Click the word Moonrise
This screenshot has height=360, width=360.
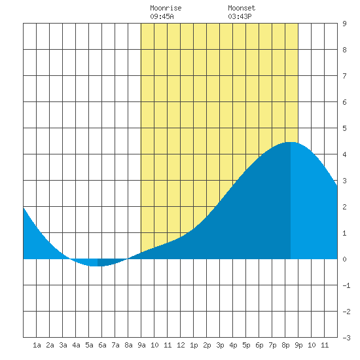point(166,8)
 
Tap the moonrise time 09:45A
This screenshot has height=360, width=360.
point(162,16)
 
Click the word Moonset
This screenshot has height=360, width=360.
point(242,8)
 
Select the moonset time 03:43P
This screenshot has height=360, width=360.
point(240,16)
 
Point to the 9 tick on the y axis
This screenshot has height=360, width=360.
point(344,24)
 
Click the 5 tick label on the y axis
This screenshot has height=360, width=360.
point(344,128)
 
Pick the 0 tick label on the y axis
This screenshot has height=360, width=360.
point(344,259)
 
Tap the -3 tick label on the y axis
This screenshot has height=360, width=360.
point(346,338)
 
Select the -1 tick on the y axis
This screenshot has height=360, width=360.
point(346,285)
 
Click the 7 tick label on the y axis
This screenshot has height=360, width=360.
point(344,76)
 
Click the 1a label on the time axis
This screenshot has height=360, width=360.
point(37,345)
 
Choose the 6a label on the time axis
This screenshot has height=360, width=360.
point(102,345)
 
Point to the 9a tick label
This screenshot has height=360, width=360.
point(141,345)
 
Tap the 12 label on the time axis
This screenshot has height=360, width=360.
point(181,345)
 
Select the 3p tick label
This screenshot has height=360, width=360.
point(220,345)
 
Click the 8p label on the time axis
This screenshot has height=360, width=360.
point(285,345)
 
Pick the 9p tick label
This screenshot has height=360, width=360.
point(298,345)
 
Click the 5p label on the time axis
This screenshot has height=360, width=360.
point(246,345)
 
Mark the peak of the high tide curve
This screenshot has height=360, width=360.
point(291,142)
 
